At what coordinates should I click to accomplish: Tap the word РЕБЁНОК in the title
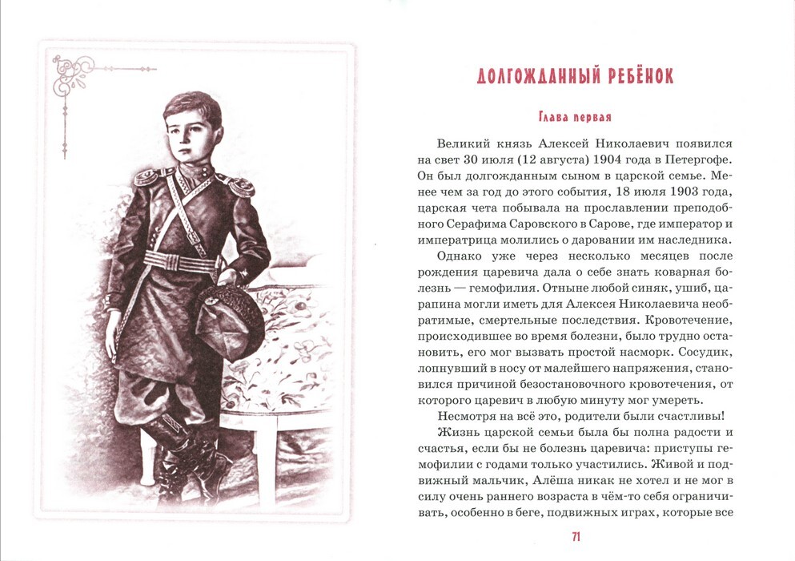pyautogui.click(x=632, y=77)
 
